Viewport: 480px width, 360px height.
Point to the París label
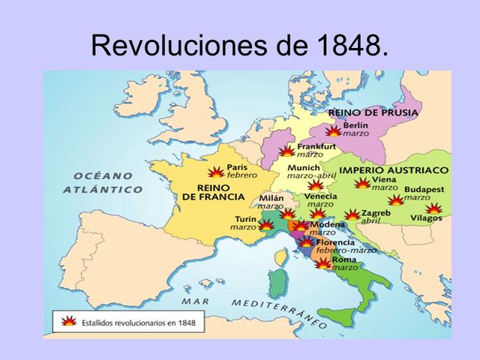point(237,167)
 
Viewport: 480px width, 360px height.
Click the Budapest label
point(424,190)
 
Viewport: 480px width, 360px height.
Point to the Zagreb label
point(375,213)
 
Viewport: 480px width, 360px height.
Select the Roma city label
point(345,259)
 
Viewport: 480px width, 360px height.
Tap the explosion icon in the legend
point(69,320)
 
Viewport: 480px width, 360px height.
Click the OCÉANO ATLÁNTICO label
point(103,182)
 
